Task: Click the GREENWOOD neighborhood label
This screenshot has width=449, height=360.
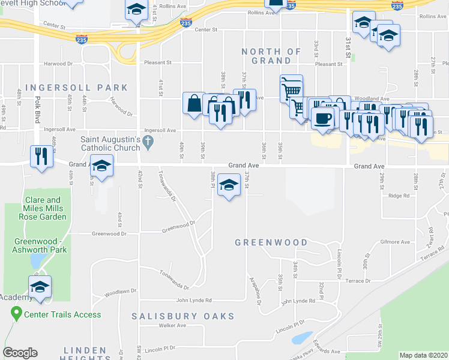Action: tap(271, 243)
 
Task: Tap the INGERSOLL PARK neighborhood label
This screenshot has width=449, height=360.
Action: tap(77, 88)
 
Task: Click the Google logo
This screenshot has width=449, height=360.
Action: tap(20, 353)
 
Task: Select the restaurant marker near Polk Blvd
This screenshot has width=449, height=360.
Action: tap(41, 156)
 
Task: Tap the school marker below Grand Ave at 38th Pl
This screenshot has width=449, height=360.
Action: tap(228, 186)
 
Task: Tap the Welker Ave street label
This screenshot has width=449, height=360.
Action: tap(172, 326)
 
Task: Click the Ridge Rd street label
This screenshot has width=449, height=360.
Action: tap(399, 196)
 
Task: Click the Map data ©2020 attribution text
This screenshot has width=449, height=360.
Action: tap(423, 355)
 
